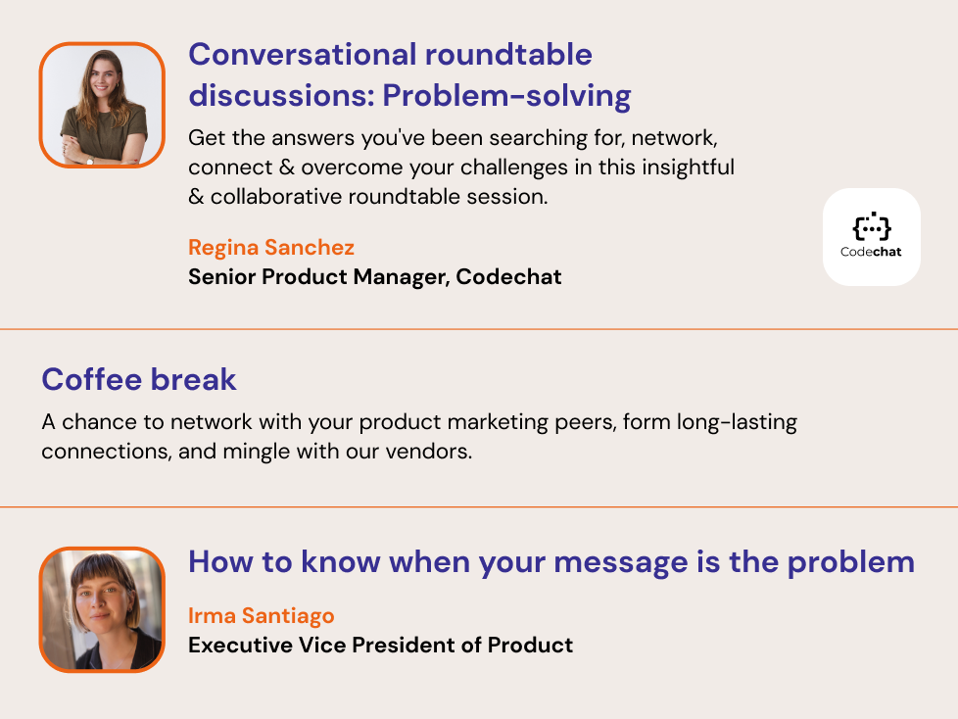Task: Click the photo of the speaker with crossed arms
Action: [102, 105]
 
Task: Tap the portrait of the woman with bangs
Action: [102, 609]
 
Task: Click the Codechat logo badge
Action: [871, 237]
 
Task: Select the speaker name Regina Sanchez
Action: [271, 248]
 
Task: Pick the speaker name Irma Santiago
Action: [262, 616]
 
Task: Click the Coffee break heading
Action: [139, 379]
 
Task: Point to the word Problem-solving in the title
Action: [507, 96]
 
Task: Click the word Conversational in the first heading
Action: [303, 55]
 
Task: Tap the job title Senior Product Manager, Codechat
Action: [374, 276]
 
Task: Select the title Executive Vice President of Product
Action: [381, 646]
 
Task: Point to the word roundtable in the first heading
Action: [508, 55]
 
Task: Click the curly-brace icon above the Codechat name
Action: [872, 226]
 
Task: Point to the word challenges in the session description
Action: [514, 168]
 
